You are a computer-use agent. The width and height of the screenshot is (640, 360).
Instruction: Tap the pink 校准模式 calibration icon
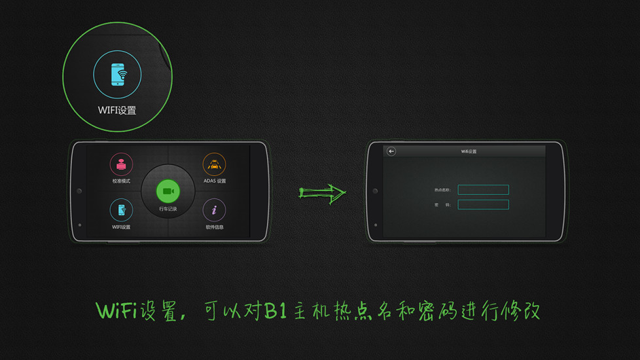point(121,164)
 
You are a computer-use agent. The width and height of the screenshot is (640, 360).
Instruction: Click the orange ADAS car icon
point(214,164)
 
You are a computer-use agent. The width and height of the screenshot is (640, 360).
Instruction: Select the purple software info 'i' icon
point(214,210)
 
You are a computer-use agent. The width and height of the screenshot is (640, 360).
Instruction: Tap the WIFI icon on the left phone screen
point(121,210)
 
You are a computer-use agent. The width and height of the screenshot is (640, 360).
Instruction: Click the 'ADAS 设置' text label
point(215,181)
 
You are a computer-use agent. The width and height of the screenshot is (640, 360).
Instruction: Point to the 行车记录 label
point(168,209)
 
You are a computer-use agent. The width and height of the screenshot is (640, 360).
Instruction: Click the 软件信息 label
point(215,227)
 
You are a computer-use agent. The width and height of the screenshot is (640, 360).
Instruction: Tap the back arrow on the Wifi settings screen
point(391,151)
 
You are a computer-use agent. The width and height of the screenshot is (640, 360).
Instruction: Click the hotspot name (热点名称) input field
point(483,190)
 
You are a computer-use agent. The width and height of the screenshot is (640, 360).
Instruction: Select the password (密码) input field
point(483,205)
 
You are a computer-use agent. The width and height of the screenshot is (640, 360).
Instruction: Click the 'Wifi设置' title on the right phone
point(469,151)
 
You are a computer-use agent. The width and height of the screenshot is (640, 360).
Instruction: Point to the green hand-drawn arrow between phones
point(322,192)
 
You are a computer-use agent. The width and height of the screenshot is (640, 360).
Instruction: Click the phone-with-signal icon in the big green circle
point(118,75)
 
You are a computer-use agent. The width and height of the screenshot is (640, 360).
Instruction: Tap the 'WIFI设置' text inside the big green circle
point(117,110)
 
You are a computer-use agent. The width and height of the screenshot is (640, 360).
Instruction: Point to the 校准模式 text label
point(121,181)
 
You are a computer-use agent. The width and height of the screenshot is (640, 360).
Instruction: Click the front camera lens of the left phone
point(79,191)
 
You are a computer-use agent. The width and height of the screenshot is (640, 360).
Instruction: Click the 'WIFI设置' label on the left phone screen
point(121,227)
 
